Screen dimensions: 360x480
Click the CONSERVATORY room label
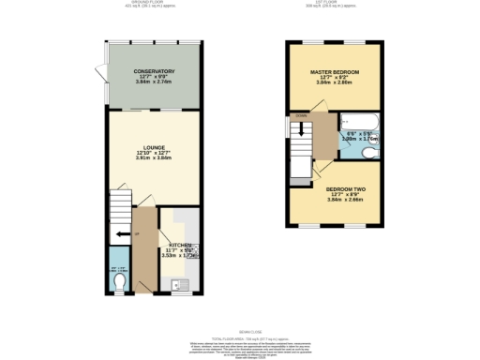click(154, 71)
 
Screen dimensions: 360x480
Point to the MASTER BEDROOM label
click(335, 71)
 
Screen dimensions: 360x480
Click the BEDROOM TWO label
click(335, 188)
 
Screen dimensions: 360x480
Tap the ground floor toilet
click(116, 278)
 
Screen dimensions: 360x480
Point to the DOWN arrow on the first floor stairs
click(300, 117)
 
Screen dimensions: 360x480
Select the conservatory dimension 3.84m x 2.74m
click(154, 84)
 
